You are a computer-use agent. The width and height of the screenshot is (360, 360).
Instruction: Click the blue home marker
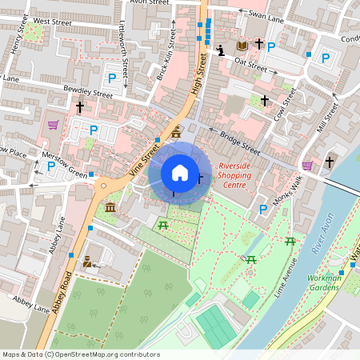[180, 172]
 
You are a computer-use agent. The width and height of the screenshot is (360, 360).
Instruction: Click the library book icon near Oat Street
[242, 46]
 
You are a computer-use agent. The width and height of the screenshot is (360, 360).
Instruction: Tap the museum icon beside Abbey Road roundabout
[110, 208]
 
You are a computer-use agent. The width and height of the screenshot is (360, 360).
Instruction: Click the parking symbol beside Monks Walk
[263, 209]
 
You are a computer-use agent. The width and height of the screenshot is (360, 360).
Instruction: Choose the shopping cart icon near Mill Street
[307, 165]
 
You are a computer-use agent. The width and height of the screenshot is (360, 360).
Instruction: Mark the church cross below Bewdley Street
[79, 106]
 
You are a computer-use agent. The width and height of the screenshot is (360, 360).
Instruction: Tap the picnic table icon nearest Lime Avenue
[290, 241]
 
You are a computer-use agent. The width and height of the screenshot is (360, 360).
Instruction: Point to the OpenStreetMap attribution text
[80, 354]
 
